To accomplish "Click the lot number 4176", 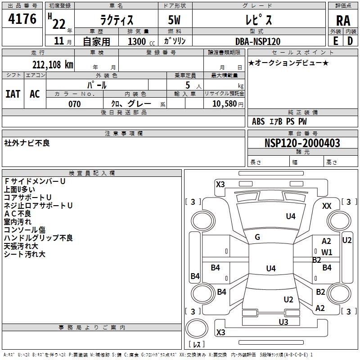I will click(x=23, y=19).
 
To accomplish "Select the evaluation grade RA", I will click(x=343, y=20).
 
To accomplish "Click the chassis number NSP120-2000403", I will click(x=302, y=143).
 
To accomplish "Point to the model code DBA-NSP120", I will click(x=258, y=41).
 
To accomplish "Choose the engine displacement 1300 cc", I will click(x=139, y=41).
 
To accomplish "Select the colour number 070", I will click(x=75, y=104).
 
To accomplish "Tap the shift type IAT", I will click(x=13, y=94).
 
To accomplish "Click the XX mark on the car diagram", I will click(x=327, y=206).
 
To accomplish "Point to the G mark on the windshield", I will click(x=257, y=237).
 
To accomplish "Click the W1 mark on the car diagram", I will click(x=327, y=252).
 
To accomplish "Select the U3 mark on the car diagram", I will click(x=283, y=322).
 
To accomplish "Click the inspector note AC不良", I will click(x=18, y=214).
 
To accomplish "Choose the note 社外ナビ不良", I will click(x=27, y=143).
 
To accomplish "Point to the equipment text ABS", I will click(x=258, y=121).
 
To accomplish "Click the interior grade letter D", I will click(x=350, y=40).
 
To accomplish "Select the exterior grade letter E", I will click(x=336, y=40).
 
